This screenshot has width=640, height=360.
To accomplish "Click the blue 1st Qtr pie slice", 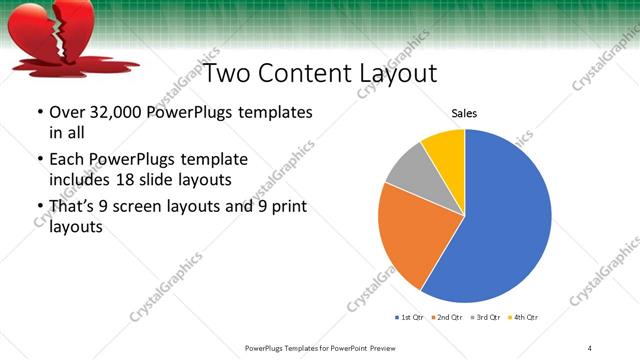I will tap(505, 215).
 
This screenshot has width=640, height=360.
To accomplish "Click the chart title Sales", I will tap(464, 114).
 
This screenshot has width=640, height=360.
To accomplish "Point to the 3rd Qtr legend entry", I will tap(487, 317).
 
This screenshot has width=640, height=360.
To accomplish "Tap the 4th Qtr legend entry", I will tap(524, 317).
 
